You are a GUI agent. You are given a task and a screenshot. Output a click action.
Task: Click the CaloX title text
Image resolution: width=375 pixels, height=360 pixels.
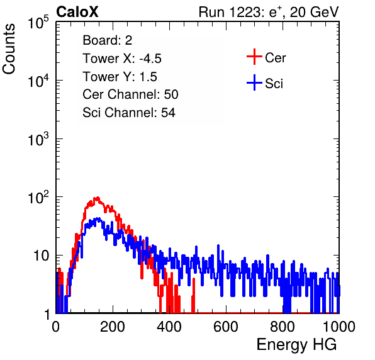point(77,12)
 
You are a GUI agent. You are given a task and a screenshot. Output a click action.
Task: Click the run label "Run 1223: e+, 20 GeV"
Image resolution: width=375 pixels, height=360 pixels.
point(269,12)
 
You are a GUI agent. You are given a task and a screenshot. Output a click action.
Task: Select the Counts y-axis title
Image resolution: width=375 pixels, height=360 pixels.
point(9,49)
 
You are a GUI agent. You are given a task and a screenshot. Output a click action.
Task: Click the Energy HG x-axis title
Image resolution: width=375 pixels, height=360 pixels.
point(296,345)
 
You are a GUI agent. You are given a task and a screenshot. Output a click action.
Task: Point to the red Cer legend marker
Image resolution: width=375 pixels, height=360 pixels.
point(254,57)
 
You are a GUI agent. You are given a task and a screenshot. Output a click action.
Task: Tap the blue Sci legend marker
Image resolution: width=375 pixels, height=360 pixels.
point(254,82)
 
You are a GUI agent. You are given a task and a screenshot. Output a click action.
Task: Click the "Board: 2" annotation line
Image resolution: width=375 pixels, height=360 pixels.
point(107,40)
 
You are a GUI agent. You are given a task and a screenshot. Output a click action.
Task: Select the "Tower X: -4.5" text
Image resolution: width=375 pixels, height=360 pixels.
point(122,59)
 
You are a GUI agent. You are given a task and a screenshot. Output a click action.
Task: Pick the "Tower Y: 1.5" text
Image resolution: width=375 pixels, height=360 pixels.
point(120,77)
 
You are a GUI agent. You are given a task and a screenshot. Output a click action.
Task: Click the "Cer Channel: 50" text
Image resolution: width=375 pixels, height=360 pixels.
point(130,94)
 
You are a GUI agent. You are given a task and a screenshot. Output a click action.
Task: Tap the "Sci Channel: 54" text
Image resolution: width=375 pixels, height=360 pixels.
point(129,113)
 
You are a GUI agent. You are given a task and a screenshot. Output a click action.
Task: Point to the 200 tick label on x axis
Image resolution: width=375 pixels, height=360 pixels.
point(113,327)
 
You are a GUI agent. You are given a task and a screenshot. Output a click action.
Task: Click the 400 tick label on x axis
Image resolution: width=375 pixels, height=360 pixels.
point(169,327)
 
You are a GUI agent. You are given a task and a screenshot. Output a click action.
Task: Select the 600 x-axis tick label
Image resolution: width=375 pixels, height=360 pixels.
point(226,327)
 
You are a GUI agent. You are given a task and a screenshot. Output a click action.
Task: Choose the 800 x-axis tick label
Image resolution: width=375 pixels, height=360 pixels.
point(283,327)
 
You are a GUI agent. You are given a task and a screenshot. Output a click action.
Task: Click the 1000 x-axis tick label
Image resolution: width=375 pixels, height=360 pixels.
point(339,327)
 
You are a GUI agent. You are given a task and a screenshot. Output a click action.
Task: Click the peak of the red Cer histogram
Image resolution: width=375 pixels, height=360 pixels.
point(98,198)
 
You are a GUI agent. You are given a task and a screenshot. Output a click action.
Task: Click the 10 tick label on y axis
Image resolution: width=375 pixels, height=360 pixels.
point(41,256)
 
